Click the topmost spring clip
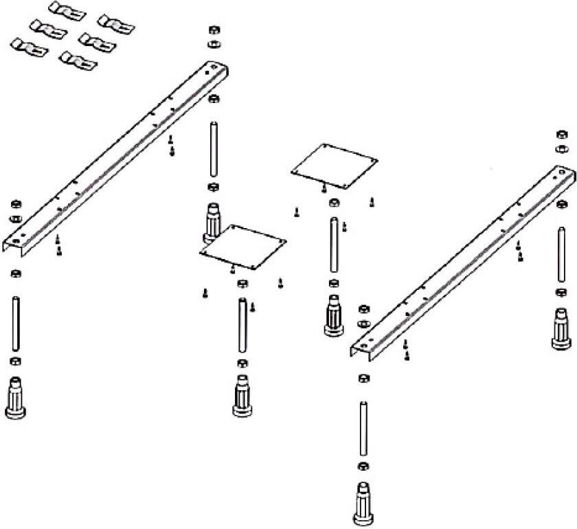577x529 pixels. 67,10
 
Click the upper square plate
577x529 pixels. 335,164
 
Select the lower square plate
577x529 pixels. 243,247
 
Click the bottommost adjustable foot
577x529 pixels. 363,505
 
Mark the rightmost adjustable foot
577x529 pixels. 563,329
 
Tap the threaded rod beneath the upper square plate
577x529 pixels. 334,245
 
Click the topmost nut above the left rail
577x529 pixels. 213,31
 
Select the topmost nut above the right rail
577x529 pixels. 562,134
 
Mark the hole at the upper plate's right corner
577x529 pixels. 372,161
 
